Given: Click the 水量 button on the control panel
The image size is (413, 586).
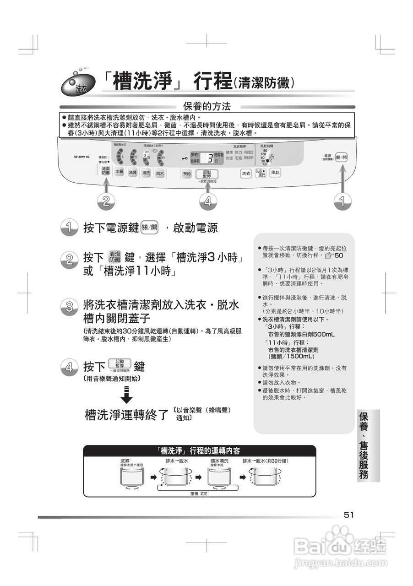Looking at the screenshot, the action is point(119,172).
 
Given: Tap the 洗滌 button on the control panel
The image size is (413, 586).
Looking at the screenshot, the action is point(132,173).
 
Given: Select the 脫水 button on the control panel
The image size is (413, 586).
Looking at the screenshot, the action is point(159,173).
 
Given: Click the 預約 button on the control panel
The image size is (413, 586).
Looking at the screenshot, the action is point(186,174).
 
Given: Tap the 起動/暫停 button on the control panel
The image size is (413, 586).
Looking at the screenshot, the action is point(206,174).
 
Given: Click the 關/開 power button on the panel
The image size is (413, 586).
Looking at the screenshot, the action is point(341,157).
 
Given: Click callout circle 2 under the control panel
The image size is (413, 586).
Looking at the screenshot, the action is point(106,201).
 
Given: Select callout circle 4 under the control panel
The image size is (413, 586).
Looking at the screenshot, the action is point(207,201).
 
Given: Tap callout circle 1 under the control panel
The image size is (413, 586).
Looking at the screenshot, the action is point(341,201).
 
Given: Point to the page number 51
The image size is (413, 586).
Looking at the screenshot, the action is point(349,515).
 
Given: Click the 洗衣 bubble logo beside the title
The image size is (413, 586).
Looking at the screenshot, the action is point(81,84).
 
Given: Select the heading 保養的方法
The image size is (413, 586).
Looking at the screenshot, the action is point(206,107).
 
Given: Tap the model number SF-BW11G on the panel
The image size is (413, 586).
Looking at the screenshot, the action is point(82,157).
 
